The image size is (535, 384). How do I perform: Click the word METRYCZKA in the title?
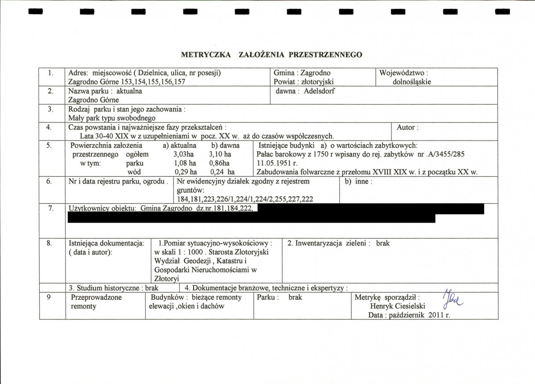coord(206,54)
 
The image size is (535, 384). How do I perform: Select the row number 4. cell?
coord(50,127)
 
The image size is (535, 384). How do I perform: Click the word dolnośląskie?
coord(411,82)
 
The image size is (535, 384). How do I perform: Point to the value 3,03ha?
coord(183,154)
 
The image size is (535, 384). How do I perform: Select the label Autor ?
coord(407,127)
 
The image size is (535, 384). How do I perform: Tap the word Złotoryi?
coord(166,278)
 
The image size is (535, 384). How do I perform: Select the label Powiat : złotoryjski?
coord(304,82)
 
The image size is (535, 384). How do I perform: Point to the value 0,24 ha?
coord(222,172)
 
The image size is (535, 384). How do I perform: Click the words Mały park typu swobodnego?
coord(112,118)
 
